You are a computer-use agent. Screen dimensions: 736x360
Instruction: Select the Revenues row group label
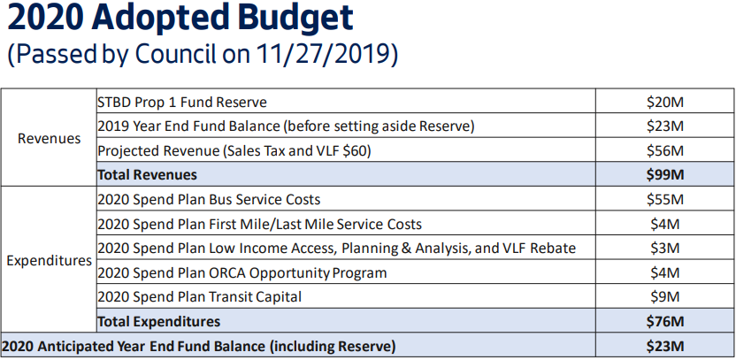(x=50, y=139)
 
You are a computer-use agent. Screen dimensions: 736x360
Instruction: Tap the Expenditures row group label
(x=49, y=261)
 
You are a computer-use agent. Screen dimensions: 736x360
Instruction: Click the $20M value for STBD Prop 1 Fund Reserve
(x=664, y=102)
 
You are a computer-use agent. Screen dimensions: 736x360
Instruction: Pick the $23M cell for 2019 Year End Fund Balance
(x=664, y=126)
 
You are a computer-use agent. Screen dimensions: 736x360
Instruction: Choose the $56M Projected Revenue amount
(x=664, y=150)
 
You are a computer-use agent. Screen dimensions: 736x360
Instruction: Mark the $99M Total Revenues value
(x=664, y=175)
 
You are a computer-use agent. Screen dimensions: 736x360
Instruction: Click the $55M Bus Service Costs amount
(x=664, y=200)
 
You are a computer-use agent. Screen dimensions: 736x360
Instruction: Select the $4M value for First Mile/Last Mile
(x=664, y=224)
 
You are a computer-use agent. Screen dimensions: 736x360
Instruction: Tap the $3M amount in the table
(x=664, y=249)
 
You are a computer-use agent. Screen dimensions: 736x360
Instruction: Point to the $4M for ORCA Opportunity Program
(x=664, y=272)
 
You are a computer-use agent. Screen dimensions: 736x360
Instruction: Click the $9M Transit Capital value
(x=664, y=297)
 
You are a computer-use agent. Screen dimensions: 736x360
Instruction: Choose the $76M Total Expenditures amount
(x=664, y=321)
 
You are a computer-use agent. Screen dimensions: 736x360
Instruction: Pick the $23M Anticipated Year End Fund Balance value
(x=664, y=347)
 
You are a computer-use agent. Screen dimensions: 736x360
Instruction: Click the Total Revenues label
(x=148, y=175)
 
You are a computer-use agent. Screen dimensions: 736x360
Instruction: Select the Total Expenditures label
(x=158, y=321)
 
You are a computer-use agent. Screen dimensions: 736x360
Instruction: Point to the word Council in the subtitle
(x=176, y=54)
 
